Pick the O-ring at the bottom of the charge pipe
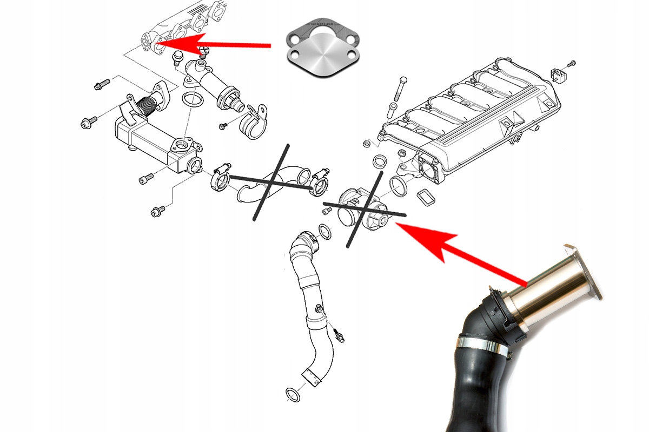[x=293, y=395]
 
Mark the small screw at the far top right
[x=573, y=63]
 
